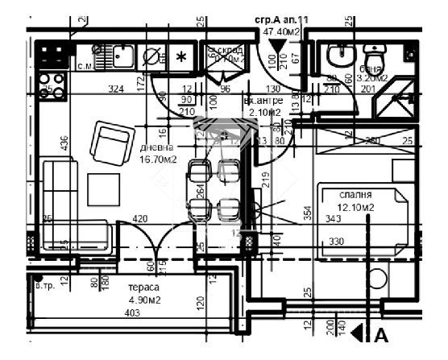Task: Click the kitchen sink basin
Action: coord(123,56)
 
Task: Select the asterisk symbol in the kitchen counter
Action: coord(181,56)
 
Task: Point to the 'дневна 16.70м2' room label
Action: coord(157,154)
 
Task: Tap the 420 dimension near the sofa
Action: coord(139,218)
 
